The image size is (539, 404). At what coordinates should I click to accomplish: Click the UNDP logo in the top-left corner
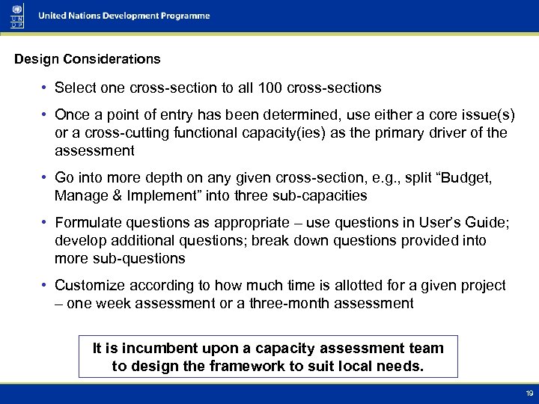16,15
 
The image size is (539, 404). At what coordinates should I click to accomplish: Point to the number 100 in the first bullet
269,88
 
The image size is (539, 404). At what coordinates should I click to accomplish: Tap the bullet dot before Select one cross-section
46,88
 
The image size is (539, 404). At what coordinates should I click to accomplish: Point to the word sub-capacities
323,196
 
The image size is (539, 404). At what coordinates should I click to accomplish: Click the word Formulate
87,223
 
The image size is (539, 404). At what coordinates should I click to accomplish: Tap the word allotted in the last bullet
346,286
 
